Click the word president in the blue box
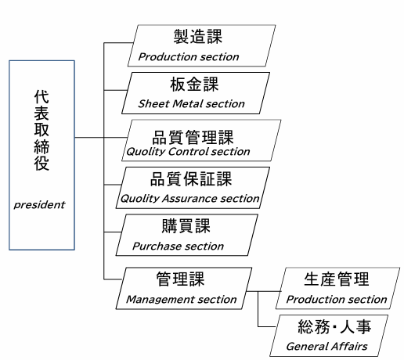[x=39, y=205]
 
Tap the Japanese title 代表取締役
[x=41, y=131]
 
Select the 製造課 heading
[x=198, y=37]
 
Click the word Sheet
[x=153, y=104]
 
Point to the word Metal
[x=188, y=104]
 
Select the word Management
[x=160, y=300]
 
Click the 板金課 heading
[x=194, y=85]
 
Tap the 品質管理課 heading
[x=193, y=137]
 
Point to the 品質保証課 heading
[x=191, y=179]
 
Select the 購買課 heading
[x=186, y=226]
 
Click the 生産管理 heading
[x=337, y=279]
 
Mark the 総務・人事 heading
[x=334, y=326]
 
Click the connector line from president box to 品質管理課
[x=101, y=137]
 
